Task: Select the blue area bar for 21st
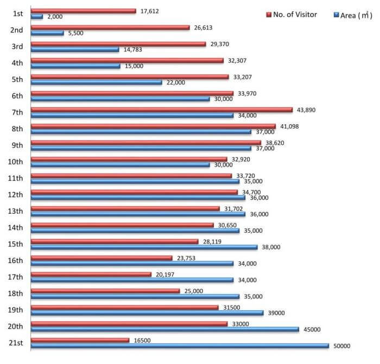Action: (x=180, y=346)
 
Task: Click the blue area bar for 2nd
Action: (x=47, y=33)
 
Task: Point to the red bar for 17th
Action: (x=91, y=274)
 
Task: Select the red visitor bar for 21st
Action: (x=80, y=340)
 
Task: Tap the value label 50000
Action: (x=342, y=346)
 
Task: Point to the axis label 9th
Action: (x=16, y=145)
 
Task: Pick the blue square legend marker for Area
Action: (x=336, y=16)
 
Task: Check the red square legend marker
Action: (x=269, y=15)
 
